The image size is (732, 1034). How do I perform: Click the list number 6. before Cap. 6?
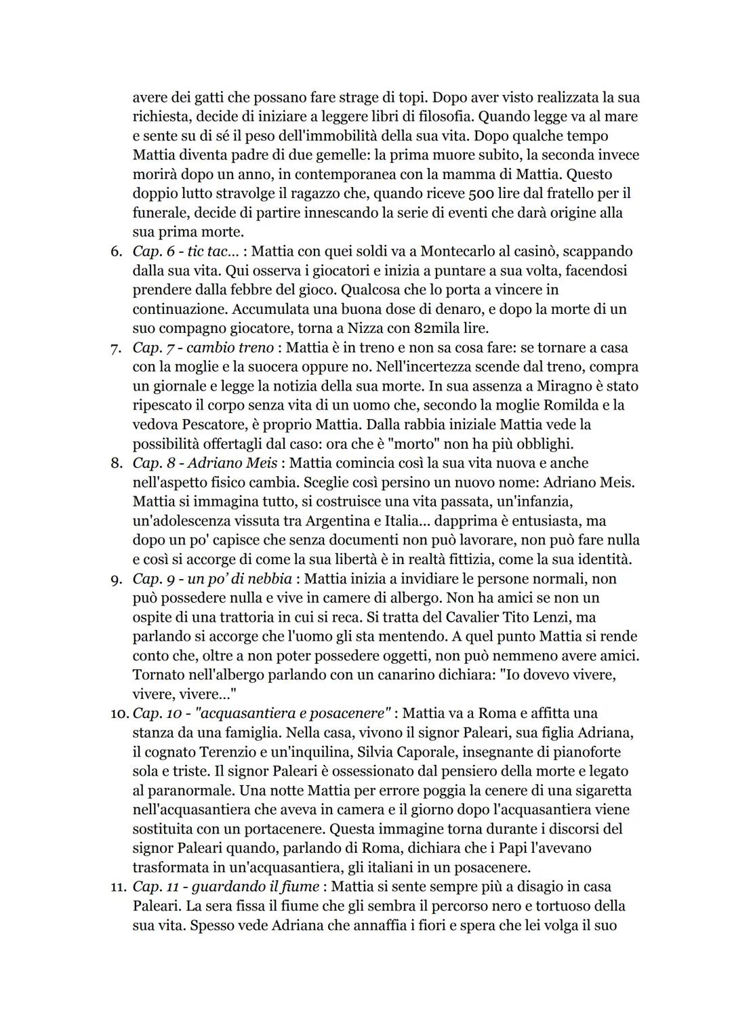pyautogui.click(x=116, y=252)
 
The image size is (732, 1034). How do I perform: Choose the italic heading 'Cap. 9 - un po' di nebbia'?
pyautogui.click(x=212, y=579)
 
